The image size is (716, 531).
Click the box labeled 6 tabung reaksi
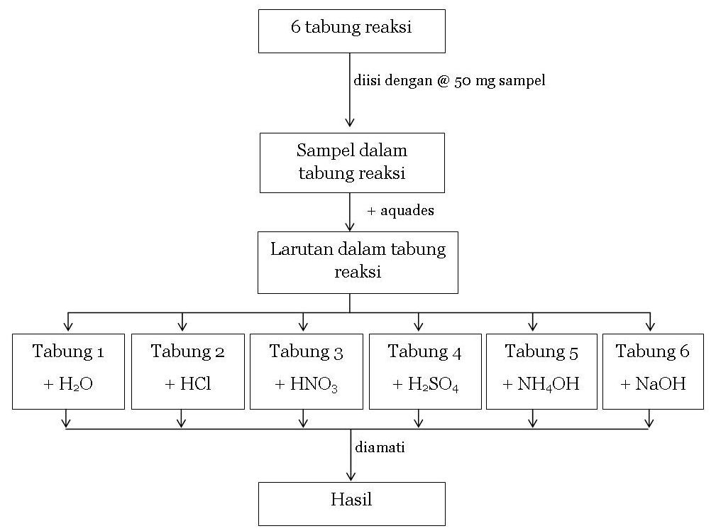coord(351,31)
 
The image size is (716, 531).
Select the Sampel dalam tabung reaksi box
coord(352,163)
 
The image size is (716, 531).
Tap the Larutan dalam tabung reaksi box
coord(358,261)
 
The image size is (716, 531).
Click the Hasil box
coord(351,503)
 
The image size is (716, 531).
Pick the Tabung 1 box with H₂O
coord(68,371)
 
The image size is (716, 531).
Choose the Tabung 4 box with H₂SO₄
coord(424,371)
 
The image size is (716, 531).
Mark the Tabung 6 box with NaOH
coord(653,371)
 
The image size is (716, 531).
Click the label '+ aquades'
coord(401,211)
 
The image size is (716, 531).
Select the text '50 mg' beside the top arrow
coord(473,81)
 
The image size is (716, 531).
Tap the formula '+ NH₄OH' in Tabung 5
coord(541,385)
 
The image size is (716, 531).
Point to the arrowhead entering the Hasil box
coord(350,477)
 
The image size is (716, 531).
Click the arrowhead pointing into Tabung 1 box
coord(67,327)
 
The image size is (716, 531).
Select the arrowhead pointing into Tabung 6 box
coord(649,327)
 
